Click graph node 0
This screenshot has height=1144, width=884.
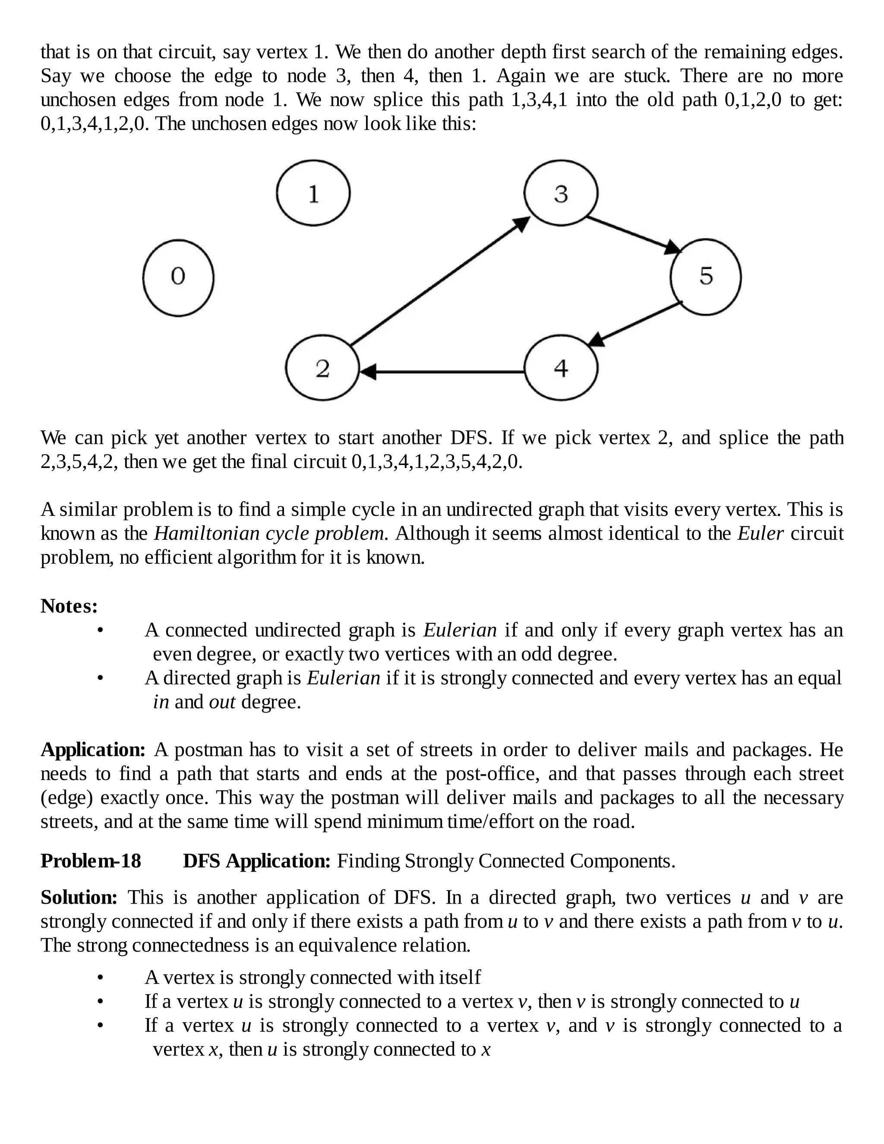coord(178,278)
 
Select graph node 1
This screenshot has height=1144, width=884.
coord(313,193)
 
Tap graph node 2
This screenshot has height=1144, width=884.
coord(322,368)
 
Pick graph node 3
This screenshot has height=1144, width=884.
coord(561,193)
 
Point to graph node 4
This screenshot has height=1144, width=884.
coord(561,368)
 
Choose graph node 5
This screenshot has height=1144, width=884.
coord(705,277)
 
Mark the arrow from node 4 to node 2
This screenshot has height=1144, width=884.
coord(442,372)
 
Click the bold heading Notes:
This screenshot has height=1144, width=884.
coord(69,606)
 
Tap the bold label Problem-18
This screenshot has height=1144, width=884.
coord(91,861)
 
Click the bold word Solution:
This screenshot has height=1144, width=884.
coord(79,898)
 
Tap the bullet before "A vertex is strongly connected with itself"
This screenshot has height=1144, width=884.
coord(101,977)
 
